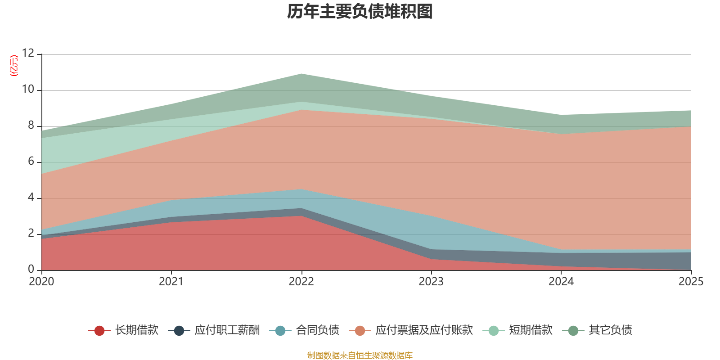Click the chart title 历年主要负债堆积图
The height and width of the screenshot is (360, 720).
pos(360,12)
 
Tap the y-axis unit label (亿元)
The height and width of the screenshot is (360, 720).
pos(14,66)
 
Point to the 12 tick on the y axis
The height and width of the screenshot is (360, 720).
pos(28,54)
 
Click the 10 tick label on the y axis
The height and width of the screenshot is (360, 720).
pos(28,90)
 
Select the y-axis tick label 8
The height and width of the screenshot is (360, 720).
pos(31,126)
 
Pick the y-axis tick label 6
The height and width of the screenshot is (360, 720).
pos(31,162)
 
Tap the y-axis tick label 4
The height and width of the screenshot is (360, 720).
pos(31,198)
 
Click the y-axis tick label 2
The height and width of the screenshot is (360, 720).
pos(31,234)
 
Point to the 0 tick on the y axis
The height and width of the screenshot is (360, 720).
pos(31,270)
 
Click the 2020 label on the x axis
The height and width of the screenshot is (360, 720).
pos(41,282)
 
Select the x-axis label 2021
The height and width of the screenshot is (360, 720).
pos(171,282)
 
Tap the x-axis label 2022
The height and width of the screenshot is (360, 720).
pos(301,282)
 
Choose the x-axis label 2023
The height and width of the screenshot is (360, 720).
pos(431,282)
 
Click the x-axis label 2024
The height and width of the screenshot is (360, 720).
pos(561,282)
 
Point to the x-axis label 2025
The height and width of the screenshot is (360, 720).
pos(691,282)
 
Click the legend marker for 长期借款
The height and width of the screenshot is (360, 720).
pos(99,331)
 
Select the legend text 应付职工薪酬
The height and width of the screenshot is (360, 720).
pos(227,330)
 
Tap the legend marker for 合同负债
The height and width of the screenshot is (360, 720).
pos(280,331)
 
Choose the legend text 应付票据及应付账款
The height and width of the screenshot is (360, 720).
pos(424,330)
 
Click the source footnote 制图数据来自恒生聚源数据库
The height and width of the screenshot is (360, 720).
pos(360,355)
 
